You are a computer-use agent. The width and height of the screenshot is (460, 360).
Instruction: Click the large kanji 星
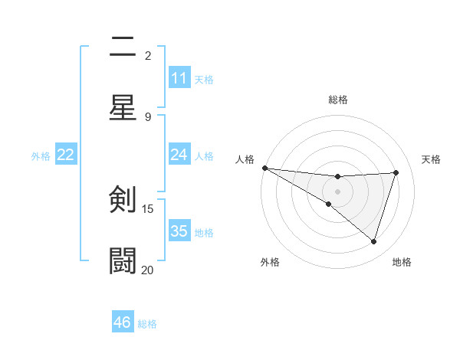click(x=123, y=106)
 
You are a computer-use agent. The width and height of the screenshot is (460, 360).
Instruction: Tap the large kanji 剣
click(x=123, y=200)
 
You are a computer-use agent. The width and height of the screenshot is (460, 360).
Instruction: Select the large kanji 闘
click(x=123, y=260)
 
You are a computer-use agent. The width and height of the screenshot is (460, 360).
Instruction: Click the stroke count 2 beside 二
click(x=148, y=55)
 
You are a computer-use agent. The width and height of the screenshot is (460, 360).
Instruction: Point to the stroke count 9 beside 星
click(x=148, y=116)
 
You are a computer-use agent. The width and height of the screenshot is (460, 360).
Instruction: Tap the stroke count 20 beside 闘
click(x=148, y=270)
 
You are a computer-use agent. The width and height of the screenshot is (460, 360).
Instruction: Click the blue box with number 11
click(x=179, y=78)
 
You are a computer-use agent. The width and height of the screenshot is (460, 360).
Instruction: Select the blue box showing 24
click(x=179, y=155)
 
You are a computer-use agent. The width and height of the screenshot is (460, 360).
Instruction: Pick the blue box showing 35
click(x=179, y=231)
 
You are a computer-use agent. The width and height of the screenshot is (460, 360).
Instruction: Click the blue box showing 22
click(x=66, y=155)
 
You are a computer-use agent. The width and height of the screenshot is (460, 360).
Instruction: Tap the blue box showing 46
click(x=123, y=322)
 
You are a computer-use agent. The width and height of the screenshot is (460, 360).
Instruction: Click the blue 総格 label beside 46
click(x=147, y=324)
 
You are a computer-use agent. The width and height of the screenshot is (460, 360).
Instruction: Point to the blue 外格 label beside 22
click(x=41, y=155)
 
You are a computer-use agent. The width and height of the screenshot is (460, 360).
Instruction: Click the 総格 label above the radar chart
click(x=337, y=100)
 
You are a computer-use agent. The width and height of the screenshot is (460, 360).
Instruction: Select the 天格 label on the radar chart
click(x=431, y=159)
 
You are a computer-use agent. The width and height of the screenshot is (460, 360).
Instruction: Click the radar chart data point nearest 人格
click(x=264, y=167)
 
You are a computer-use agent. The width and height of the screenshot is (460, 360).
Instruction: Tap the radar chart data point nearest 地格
click(x=374, y=242)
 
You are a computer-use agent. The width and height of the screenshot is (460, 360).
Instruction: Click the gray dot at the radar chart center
click(x=337, y=191)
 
